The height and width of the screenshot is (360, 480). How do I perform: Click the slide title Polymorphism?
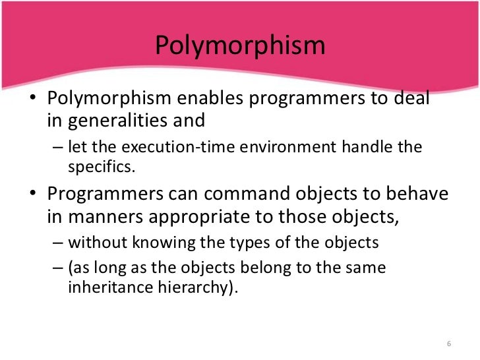[240, 46]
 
